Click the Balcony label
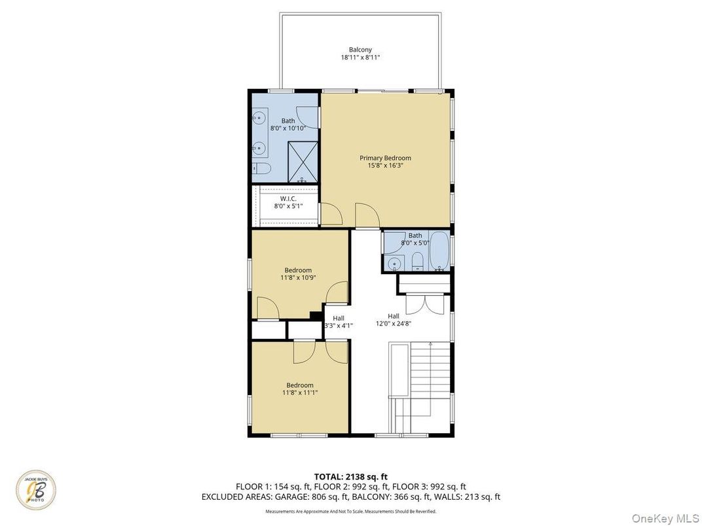point(360,50)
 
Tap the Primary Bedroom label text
point(385,158)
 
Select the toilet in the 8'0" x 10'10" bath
point(263,169)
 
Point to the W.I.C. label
point(288,198)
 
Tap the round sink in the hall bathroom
point(393,264)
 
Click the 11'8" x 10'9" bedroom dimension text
point(297,277)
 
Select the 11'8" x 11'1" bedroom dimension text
point(300,393)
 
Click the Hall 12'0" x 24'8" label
point(393,319)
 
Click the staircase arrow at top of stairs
point(430,343)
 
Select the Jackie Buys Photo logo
point(36,489)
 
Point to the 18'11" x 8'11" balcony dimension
point(360,58)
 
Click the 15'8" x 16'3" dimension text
point(385,166)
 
